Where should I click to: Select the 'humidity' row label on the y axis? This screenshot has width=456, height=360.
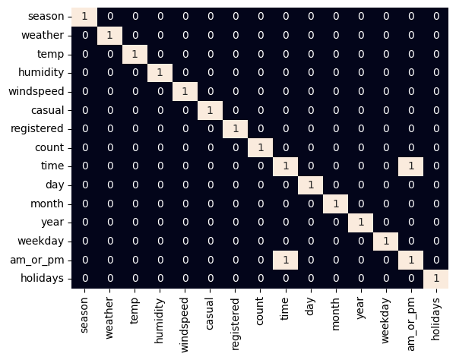(x=43, y=73)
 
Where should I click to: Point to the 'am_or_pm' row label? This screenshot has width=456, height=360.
(x=41, y=260)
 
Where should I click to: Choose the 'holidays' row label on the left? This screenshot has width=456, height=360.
(x=44, y=279)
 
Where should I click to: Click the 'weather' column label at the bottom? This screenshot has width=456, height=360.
(x=109, y=314)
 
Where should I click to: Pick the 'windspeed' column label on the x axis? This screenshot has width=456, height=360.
(x=185, y=320)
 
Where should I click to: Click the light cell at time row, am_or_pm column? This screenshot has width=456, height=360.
(x=410, y=166)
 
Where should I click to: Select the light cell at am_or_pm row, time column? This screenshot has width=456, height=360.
(x=285, y=260)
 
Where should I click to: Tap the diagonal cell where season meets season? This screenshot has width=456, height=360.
(x=84, y=17)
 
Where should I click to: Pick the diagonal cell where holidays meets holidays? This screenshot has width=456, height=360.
(x=435, y=279)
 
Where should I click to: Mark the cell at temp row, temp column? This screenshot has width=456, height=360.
(x=135, y=54)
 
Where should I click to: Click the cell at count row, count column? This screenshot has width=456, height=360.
(x=260, y=147)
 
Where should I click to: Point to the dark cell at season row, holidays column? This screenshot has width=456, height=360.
(x=435, y=17)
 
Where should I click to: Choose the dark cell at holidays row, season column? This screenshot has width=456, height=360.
(x=84, y=279)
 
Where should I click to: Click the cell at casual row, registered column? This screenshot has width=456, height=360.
(x=235, y=110)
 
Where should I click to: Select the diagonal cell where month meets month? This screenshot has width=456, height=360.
(x=335, y=204)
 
